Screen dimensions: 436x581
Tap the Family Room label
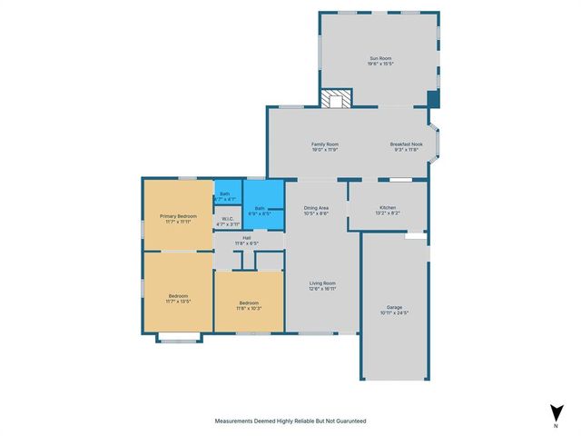tap(325, 144)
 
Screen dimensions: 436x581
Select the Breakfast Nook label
tap(406, 144)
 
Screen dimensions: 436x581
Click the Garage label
tap(394, 308)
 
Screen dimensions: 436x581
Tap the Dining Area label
tap(316, 208)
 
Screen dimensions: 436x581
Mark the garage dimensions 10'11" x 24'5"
tap(394, 313)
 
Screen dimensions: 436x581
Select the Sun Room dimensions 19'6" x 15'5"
tap(379, 63)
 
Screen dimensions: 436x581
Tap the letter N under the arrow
tap(555, 425)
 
